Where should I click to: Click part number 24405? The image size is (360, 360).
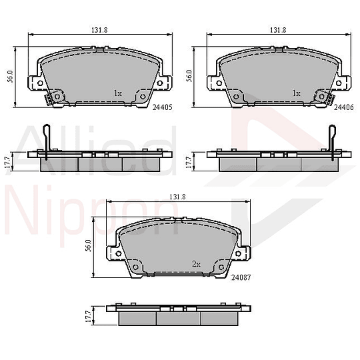(162, 107)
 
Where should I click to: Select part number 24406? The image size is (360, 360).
(344, 107)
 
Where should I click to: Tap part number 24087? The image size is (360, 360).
(241, 277)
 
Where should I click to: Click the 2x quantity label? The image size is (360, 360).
(196, 264)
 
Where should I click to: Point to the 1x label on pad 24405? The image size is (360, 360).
(118, 93)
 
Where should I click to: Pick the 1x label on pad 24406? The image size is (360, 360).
(297, 93)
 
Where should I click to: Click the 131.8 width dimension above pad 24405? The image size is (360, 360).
(99, 30)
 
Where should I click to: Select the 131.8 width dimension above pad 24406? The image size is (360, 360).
(278, 30)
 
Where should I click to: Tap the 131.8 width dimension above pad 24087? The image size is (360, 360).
(177, 197)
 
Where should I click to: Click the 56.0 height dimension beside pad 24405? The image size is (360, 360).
(11, 77)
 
